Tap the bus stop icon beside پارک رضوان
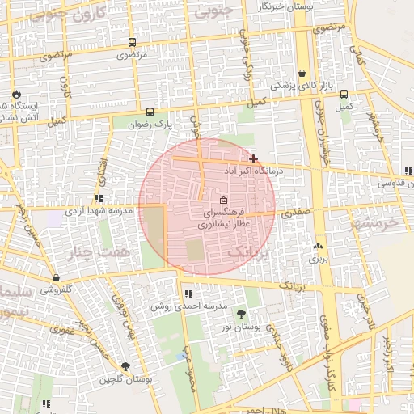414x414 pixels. (x=150, y=112)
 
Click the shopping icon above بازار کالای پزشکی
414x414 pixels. (x=302, y=73)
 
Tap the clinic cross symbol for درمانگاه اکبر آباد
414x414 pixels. (x=254, y=158)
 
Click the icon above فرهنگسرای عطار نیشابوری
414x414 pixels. (x=224, y=200)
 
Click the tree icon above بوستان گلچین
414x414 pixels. (x=125, y=367)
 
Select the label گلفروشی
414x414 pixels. (x=57, y=289)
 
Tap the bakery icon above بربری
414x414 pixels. (x=317, y=246)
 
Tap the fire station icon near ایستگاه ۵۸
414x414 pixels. (x=15, y=95)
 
